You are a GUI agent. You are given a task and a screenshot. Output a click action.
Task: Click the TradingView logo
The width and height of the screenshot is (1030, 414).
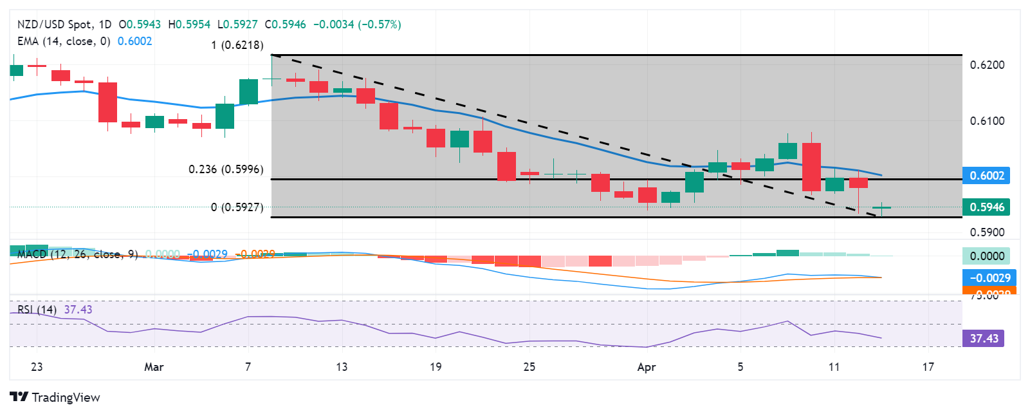coord(55,397)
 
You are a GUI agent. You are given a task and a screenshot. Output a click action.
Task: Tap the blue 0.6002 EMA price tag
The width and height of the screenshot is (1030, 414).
coord(986,176)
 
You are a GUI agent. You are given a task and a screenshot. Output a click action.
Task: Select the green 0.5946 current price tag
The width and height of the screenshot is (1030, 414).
coord(986,207)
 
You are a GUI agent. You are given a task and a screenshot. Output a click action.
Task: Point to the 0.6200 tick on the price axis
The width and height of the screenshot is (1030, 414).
coord(987,65)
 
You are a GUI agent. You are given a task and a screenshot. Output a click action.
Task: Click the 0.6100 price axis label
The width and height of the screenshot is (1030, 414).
coord(987,121)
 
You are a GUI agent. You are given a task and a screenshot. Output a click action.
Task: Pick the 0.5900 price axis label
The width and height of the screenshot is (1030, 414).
coord(987,232)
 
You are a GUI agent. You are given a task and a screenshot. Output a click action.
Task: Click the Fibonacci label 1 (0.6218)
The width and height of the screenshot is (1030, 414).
coord(237,45)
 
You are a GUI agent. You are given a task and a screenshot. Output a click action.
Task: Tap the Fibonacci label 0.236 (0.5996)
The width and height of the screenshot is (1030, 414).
coord(226,169)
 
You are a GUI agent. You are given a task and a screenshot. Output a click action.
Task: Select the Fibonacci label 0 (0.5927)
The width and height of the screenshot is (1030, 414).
coord(237,207)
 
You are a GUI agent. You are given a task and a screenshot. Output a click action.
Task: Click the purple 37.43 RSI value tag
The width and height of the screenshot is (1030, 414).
coord(984,339)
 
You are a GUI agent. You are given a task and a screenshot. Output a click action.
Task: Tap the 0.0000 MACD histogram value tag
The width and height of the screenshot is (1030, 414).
coord(987,256)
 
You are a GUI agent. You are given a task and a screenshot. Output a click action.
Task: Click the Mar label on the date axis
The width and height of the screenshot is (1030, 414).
coord(154,367)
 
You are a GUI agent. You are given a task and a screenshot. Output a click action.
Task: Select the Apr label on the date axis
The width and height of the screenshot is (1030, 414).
coord(646,367)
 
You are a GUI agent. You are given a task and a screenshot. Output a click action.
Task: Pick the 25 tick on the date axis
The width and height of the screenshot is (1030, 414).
coord(529,367)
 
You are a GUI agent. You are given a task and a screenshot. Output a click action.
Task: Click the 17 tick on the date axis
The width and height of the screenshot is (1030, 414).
coord(928,367)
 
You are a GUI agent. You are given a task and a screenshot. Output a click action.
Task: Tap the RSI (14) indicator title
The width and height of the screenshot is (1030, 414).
coord(37,310)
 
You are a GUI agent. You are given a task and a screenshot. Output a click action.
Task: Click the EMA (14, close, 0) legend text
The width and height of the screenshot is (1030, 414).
coord(64,41)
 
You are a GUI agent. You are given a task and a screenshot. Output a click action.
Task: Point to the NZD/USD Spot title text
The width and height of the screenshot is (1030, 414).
coord(55,24)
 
